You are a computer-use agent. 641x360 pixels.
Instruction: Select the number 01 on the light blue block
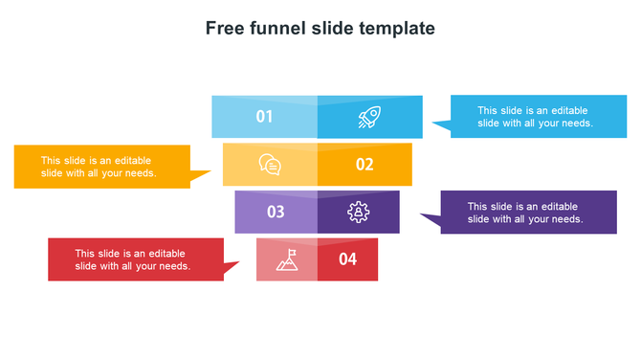(265, 117)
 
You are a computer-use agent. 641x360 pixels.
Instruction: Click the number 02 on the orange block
(365, 165)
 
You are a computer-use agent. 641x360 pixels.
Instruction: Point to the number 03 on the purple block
(276, 212)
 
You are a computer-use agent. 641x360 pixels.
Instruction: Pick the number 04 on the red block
(347, 259)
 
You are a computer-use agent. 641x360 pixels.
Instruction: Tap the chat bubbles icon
(270, 165)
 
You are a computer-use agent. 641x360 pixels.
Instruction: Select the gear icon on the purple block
(359, 212)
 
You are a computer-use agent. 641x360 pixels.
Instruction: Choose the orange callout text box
(101, 167)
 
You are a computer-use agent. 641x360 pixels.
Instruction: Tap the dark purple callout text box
(528, 213)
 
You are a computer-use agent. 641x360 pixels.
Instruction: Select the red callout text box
(135, 259)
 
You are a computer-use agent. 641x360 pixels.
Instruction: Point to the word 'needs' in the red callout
(174, 266)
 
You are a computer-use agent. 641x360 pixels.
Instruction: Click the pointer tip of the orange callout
(210, 173)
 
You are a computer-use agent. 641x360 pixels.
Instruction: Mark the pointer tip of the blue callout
(433, 123)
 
